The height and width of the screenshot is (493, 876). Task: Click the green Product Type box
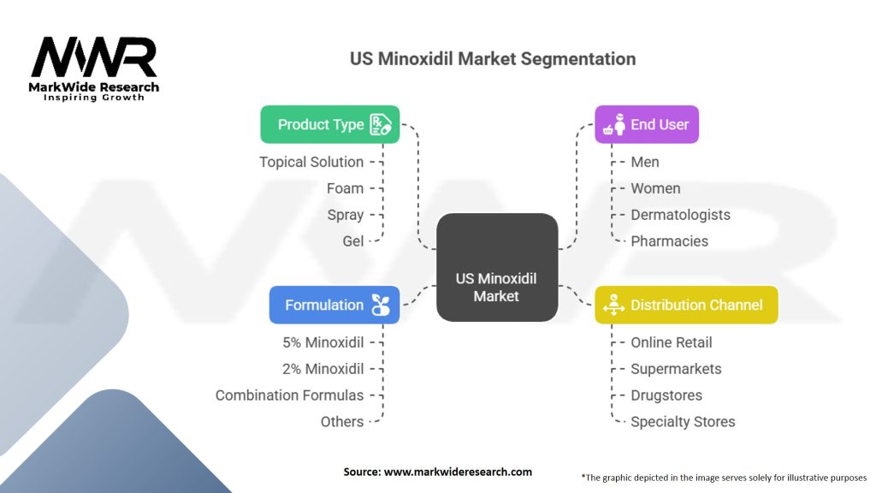(329, 124)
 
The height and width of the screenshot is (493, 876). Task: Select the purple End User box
(647, 124)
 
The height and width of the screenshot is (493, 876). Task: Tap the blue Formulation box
(334, 305)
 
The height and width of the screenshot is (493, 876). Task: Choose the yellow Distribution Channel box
(686, 305)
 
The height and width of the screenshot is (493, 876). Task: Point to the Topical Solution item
(311, 162)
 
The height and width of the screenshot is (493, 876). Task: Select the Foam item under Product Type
(345, 188)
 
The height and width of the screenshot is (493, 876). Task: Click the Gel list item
(352, 241)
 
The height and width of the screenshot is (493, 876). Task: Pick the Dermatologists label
(680, 215)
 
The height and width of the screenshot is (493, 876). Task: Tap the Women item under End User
(655, 188)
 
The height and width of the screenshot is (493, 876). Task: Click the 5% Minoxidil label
(323, 342)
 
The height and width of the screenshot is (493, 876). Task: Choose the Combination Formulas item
(289, 395)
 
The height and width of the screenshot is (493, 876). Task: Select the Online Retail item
(671, 342)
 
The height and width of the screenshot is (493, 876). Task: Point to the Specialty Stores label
(683, 422)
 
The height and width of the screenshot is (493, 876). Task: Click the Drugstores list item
(666, 395)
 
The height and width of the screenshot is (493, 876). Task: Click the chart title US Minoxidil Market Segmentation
(493, 59)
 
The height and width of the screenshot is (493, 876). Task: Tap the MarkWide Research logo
(94, 68)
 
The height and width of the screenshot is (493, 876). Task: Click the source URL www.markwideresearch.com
(437, 472)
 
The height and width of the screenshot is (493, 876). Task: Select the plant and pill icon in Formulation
(379, 305)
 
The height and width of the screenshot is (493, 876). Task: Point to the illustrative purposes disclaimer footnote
(724, 477)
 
